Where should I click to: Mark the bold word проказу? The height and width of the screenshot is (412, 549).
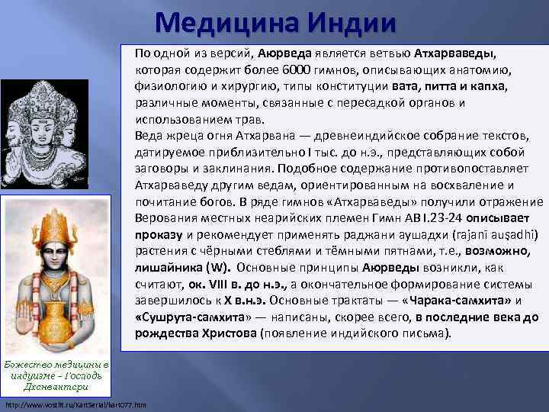click(159, 234)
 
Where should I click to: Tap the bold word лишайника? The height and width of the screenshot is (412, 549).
click(169, 268)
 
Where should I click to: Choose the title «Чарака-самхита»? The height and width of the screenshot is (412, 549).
click(472, 301)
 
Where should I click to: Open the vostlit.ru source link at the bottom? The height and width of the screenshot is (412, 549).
click(66, 403)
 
